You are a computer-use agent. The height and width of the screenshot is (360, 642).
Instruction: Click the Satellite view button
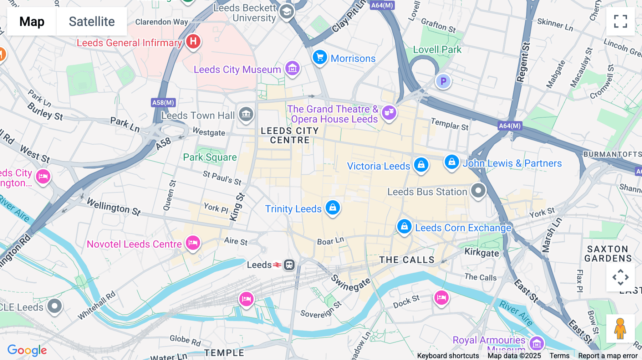pos(92,21)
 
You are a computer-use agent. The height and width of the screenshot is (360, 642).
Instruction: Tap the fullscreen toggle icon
pos(620,21)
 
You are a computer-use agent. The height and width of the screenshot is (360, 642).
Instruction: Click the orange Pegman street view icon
pos(620,328)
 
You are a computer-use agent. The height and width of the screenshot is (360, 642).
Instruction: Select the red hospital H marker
pos(193,41)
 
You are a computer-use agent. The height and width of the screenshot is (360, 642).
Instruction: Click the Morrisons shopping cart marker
pos(320,57)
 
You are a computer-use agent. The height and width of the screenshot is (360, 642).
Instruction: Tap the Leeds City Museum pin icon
pos(292,68)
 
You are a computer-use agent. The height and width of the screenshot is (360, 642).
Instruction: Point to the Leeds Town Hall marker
pos(246,114)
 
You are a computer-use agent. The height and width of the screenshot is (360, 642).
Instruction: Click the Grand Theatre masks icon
pos(389,112)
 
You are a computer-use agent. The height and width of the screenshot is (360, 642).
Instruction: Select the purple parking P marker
pos(443,81)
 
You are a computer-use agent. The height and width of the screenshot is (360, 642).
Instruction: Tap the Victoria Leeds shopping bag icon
pos(421,165)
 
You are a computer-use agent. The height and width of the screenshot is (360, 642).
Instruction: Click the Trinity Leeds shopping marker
pos(332,207)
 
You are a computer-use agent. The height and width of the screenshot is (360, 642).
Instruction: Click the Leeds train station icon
pos(289,265)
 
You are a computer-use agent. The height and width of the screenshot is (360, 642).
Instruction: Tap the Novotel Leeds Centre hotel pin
pos(193,243)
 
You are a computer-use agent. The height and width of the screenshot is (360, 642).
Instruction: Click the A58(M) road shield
pos(163,103)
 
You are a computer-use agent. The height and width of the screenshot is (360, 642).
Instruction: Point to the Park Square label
pos(210,157)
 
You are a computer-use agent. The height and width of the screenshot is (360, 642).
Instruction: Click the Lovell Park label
pos(437,50)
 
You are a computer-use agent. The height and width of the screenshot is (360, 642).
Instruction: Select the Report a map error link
pos(608,355)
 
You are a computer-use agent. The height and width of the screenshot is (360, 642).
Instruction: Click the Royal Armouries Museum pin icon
pos(536,343)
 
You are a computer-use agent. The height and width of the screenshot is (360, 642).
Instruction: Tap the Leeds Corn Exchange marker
pos(404,226)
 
